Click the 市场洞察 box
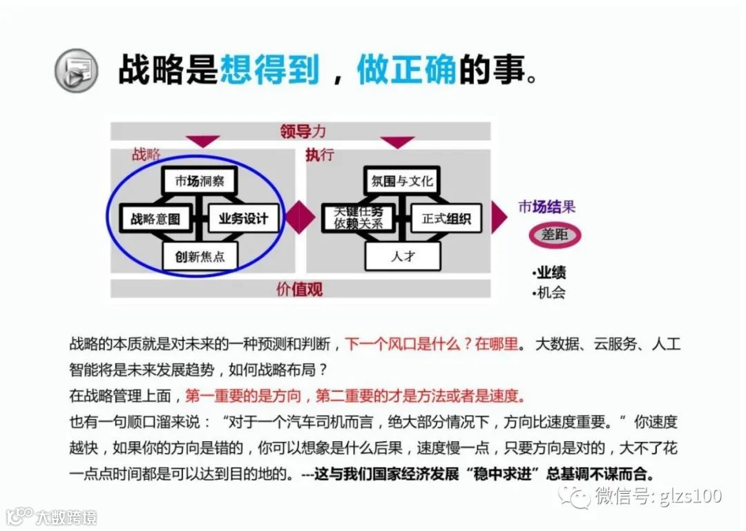[199, 181]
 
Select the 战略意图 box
[155, 219]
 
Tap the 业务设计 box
[242, 219]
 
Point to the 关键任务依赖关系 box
[358, 218]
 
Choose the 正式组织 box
[446, 219]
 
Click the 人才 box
[403, 257]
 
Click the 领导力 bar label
[302, 131]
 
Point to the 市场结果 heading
[547, 206]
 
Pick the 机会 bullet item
[550, 292]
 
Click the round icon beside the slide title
[76, 70]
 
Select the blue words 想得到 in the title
[269, 70]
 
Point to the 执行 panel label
[320, 155]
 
